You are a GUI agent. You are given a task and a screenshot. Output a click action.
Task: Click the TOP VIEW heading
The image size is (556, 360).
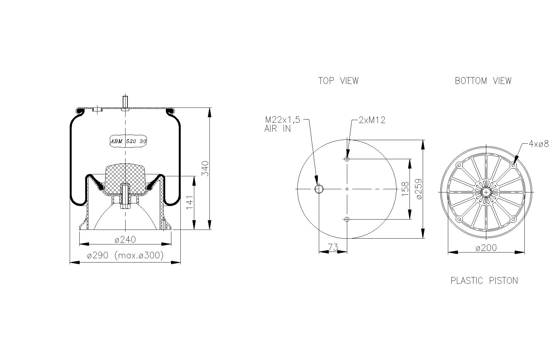339,81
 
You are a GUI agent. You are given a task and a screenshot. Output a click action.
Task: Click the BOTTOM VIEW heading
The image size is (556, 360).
483,81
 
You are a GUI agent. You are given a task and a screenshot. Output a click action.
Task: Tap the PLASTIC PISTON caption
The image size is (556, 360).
484,281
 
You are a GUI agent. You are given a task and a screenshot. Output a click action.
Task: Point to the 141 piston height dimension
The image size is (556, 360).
190,202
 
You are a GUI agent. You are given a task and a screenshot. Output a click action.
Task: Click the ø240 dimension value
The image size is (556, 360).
125,240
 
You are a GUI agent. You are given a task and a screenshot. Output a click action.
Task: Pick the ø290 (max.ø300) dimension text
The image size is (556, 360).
125,255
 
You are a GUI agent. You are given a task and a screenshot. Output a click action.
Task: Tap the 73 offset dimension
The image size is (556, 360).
333,247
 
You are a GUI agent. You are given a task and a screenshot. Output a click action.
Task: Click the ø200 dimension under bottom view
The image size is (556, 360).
486,248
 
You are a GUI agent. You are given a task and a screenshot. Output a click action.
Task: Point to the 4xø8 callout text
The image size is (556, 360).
539,144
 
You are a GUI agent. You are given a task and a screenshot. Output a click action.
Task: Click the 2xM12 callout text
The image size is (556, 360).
372,120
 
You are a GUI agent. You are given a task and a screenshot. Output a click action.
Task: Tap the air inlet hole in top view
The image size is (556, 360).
319,189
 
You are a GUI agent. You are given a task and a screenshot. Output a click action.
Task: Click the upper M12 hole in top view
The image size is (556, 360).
347,159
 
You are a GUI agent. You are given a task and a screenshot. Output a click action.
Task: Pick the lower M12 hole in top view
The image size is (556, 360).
347,219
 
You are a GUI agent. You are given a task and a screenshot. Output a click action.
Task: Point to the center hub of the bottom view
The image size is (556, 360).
486,192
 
